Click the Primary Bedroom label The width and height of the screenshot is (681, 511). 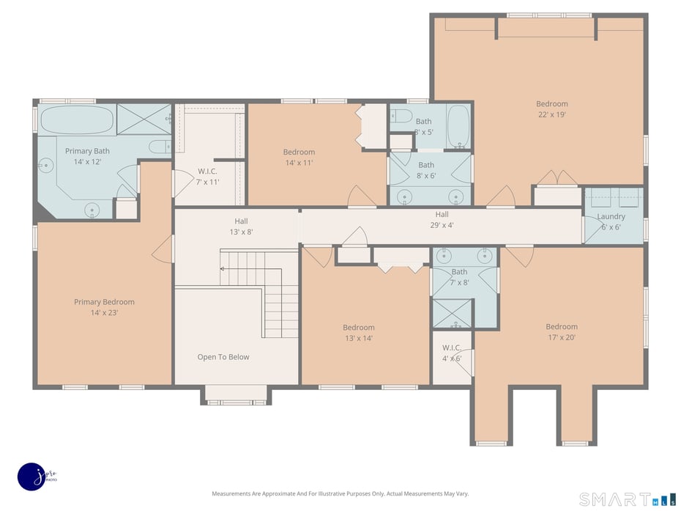(104, 302)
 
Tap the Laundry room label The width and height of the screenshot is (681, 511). (611, 217)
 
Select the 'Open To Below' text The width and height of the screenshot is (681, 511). (223, 357)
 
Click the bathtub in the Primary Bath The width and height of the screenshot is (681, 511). (77, 120)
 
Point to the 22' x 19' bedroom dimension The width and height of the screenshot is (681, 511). (551, 114)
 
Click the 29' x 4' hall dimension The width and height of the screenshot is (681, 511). (442, 225)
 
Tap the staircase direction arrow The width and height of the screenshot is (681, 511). (223, 269)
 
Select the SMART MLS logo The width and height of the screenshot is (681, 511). (627, 499)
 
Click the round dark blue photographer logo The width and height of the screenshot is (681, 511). (32, 476)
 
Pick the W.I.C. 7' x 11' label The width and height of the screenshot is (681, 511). (208, 177)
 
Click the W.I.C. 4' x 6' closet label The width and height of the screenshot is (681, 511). (452, 353)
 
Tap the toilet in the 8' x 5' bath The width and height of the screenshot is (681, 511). (400, 115)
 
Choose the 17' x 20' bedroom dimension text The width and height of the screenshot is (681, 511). (561, 337)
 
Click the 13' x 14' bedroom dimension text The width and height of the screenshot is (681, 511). (358, 338)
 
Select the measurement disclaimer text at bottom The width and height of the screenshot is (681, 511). (340, 493)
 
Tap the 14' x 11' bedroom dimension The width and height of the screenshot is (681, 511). (299, 163)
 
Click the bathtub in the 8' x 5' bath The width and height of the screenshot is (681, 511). (458, 127)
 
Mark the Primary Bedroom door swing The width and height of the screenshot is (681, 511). (163, 249)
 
